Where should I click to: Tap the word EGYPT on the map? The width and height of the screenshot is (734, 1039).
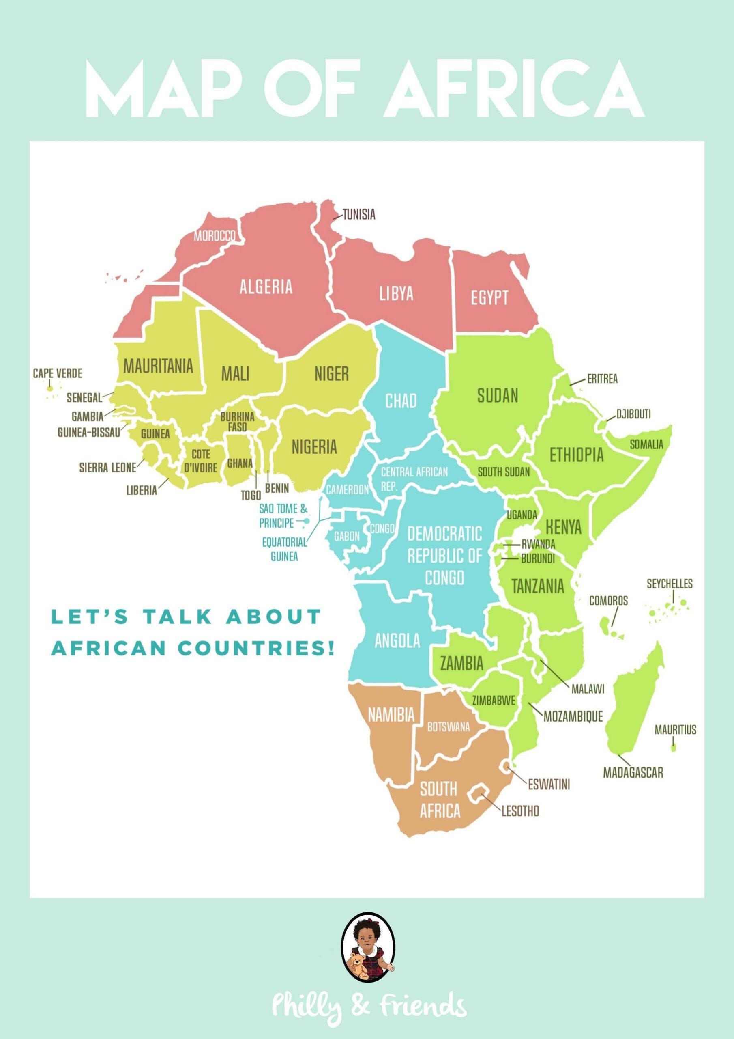(x=489, y=298)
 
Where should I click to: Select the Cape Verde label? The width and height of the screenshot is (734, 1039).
(x=58, y=373)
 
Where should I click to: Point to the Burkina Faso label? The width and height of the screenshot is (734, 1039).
(x=237, y=422)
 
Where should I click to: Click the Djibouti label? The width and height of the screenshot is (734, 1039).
(x=633, y=414)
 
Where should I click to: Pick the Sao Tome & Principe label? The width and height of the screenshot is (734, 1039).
(x=283, y=516)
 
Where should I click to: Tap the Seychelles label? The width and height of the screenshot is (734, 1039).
(x=670, y=584)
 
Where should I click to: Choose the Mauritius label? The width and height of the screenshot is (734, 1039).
(x=675, y=729)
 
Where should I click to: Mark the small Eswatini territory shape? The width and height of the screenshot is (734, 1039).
(x=506, y=766)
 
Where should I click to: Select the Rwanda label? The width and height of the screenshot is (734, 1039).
(x=538, y=544)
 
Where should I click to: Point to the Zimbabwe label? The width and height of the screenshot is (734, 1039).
(x=494, y=701)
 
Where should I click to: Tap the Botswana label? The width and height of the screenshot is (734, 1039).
(x=449, y=727)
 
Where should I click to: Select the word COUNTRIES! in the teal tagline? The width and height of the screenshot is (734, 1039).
(x=256, y=649)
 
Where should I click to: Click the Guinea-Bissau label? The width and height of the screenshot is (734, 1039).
(x=89, y=432)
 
